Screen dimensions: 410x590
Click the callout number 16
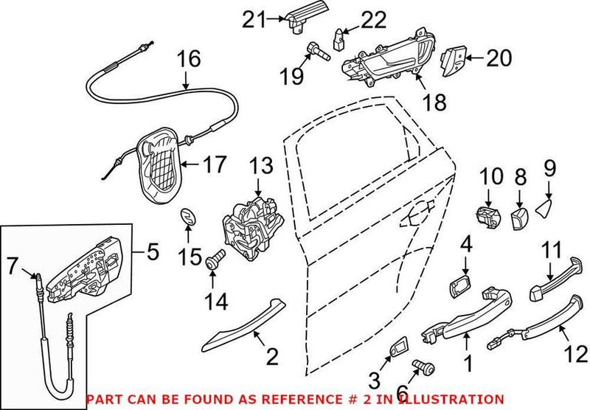(188, 60)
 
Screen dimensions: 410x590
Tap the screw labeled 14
(214, 259)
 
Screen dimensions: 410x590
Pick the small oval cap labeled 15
(188, 220)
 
